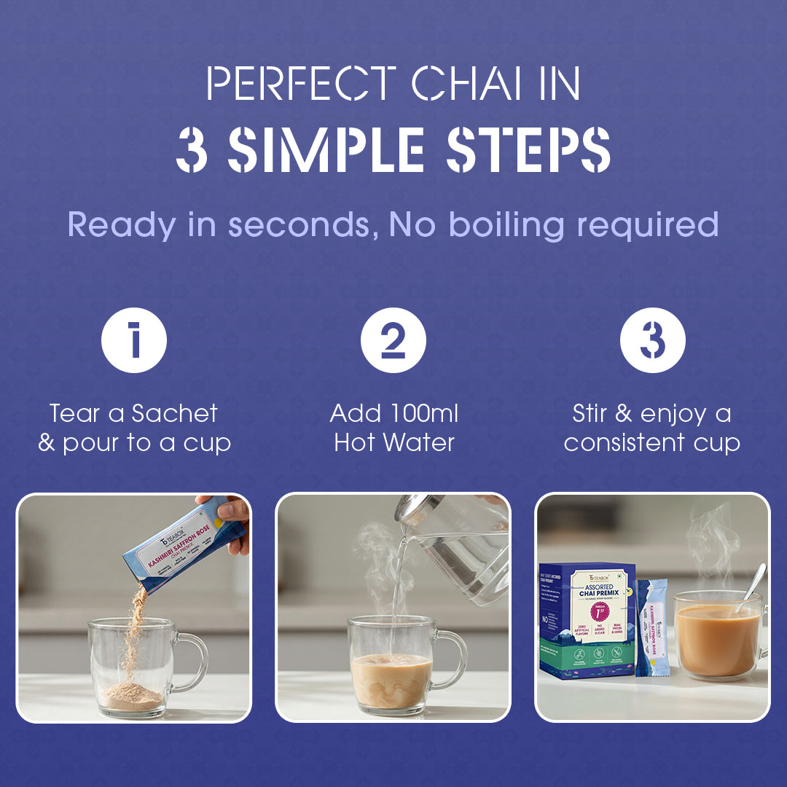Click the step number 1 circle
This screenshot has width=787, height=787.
(x=134, y=340)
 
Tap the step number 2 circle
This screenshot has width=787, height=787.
(x=393, y=340)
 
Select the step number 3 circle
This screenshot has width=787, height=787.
(x=652, y=340)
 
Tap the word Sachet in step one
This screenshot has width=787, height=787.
(x=175, y=414)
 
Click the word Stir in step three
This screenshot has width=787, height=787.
(x=590, y=414)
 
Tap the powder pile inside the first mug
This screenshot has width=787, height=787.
(x=131, y=697)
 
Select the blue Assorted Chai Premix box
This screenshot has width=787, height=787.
(x=587, y=619)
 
